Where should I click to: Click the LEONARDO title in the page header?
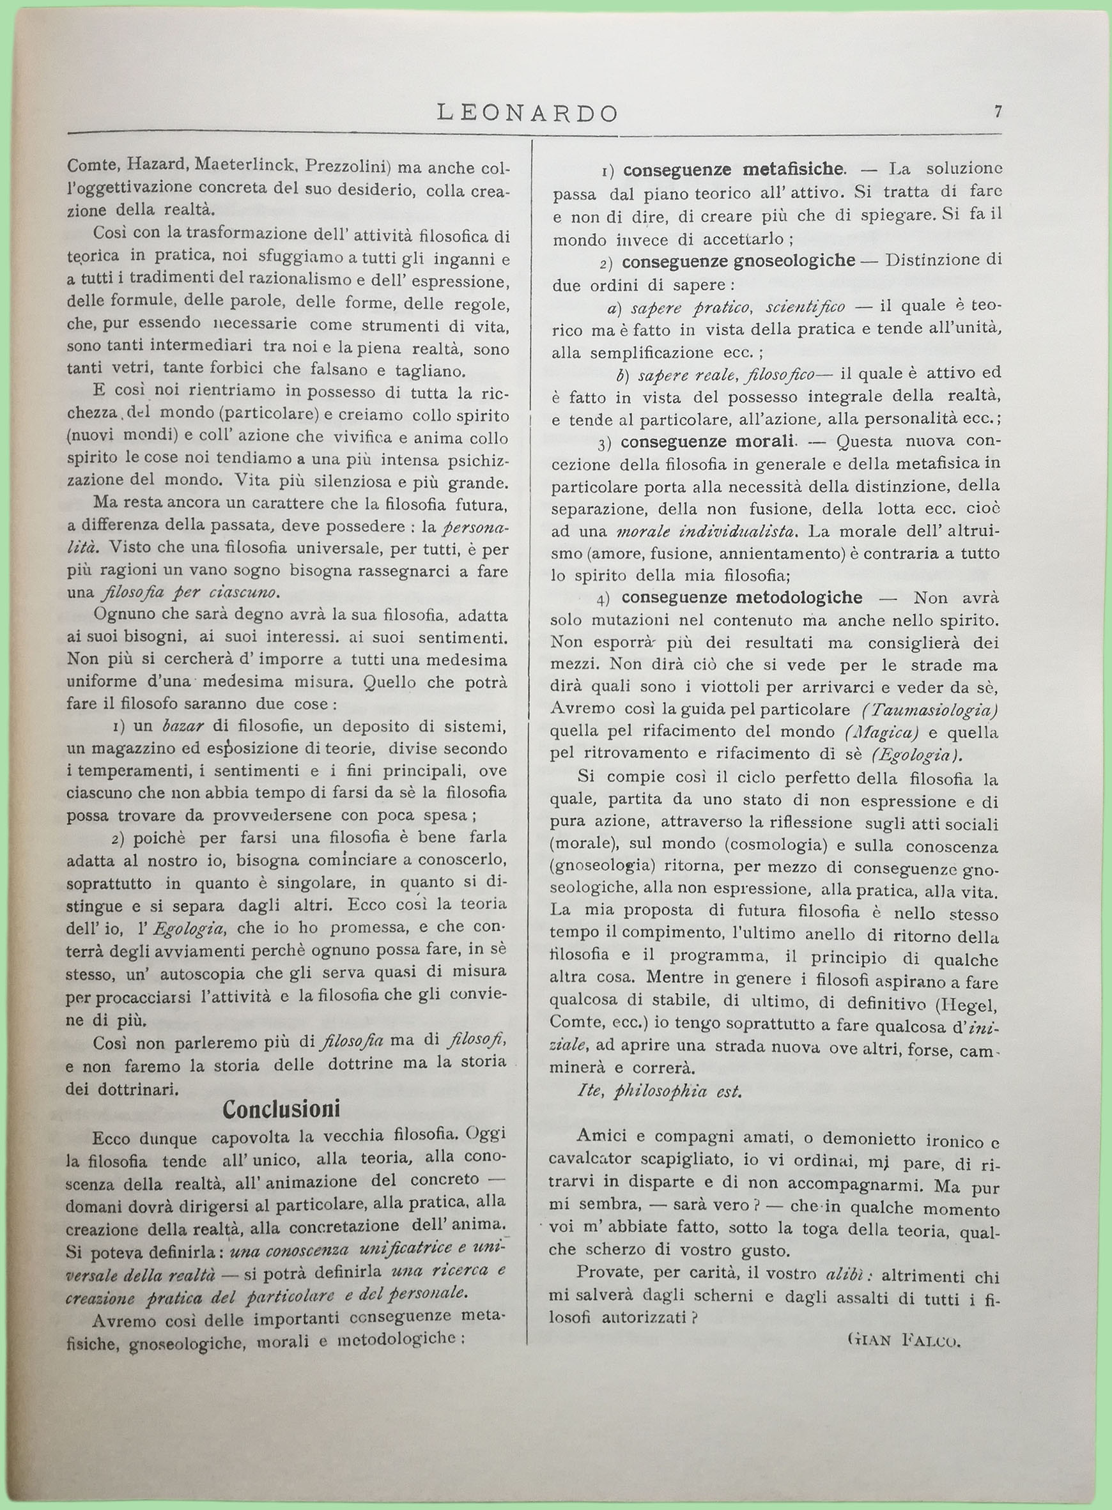[x=528, y=113]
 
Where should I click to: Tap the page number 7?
[x=998, y=112]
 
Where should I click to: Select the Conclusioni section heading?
[x=282, y=1108]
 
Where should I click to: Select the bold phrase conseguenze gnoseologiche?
[x=738, y=261]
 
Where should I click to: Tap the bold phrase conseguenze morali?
[x=707, y=442]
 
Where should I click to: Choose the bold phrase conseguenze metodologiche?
[x=742, y=597]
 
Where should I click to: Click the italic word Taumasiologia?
[x=930, y=709]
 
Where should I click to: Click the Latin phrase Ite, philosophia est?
[x=660, y=1091]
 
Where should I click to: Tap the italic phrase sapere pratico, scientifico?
[x=737, y=307]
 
